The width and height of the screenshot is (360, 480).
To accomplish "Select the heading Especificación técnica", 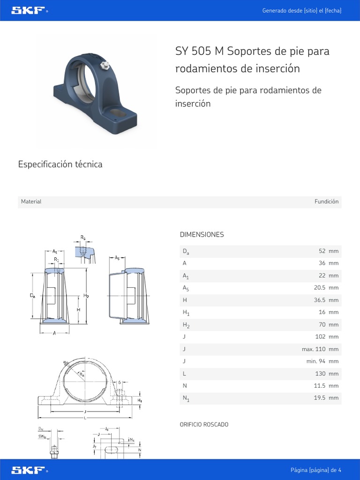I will (60, 164).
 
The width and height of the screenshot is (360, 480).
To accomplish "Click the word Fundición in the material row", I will (326, 202).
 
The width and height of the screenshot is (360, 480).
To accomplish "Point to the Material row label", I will (31, 202).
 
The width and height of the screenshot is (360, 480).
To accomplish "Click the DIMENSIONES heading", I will (202, 234).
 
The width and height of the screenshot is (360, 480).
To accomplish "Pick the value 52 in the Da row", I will (322, 251).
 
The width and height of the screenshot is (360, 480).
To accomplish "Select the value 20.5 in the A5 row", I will (320, 288).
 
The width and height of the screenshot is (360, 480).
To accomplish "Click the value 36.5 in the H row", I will (320, 300).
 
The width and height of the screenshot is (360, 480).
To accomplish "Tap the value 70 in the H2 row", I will (322, 324).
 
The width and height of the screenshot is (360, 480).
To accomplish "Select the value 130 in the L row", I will (321, 374).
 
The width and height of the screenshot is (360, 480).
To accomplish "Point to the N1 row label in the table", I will (186, 398).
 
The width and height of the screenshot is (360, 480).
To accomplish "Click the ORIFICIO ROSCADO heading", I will (204, 424).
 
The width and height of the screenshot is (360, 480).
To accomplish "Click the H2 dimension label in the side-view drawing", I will (86, 296).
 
